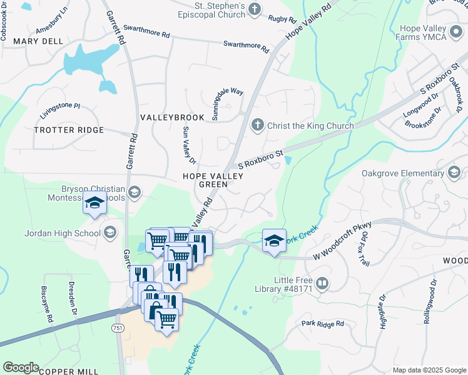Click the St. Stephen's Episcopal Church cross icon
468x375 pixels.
[254, 9]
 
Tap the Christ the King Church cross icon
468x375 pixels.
[257, 126]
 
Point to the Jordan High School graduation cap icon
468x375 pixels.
[109, 233]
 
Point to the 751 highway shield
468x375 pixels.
[118, 328]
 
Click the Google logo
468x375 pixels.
[21, 367]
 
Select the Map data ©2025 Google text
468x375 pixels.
[428, 370]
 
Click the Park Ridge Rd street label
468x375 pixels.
[322, 324]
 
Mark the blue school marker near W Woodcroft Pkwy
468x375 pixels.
[274, 241]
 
